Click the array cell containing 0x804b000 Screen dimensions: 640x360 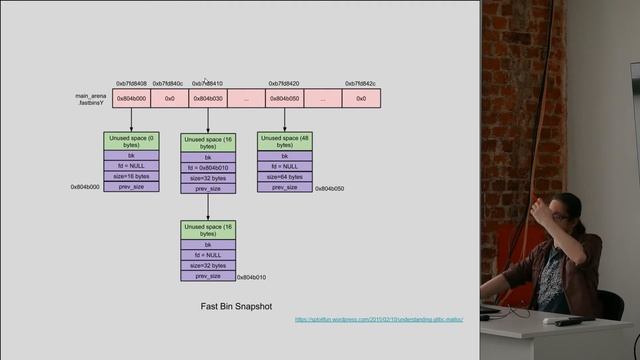pyautogui.click(x=131, y=99)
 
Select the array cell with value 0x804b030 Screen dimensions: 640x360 pyautogui.click(x=208, y=99)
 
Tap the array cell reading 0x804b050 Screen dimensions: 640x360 pyautogui.click(x=285, y=99)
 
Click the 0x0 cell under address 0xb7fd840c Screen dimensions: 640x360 pyautogui.click(x=169, y=99)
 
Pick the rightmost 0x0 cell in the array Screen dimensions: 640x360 pyautogui.click(x=361, y=99)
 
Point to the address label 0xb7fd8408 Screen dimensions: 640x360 pyautogui.click(x=131, y=84)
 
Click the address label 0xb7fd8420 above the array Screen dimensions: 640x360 pyautogui.click(x=284, y=84)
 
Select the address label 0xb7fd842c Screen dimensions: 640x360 pyautogui.click(x=361, y=84)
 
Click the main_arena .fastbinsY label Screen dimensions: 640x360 pyautogui.click(x=91, y=99)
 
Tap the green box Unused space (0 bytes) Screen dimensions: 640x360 pyautogui.click(x=131, y=141)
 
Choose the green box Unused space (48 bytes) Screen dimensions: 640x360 pyautogui.click(x=285, y=141)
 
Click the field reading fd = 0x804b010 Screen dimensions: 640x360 pyautogui.click(x=208, y=167)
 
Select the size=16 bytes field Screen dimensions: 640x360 pyautogui.click(x=131, y=176)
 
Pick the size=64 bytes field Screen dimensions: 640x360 pyautogui.click(x=285, y=177)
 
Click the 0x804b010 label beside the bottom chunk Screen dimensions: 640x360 pyautogui.click(x=252, y=277)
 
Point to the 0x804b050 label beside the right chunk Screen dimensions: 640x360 pyautogui.click(x=329, y=188)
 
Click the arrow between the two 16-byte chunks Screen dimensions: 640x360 pyautogui.click(x=208, y=207)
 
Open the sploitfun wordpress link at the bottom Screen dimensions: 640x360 pyautogui.click(x=365, y=319)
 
